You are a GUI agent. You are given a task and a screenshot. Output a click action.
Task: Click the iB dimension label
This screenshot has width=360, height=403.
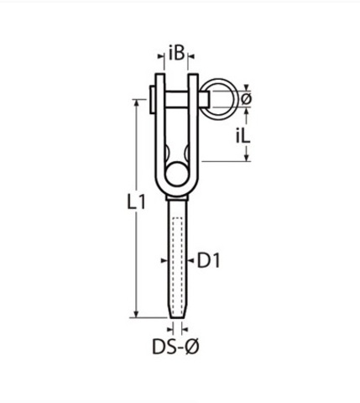coord(176,53)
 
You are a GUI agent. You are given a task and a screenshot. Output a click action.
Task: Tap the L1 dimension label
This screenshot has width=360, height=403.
coord(136,202)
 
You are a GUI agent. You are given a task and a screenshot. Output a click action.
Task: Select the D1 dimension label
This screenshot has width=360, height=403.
coord(209,260)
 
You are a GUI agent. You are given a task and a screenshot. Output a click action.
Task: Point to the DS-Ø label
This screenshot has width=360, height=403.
coord(175,347)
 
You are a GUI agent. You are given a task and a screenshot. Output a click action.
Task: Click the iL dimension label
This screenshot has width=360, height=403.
coord(243,137)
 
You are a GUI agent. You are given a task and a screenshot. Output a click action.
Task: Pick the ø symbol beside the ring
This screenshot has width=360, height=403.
coord(246,99)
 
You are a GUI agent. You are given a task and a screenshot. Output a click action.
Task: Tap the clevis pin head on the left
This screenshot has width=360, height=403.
coord(152,99)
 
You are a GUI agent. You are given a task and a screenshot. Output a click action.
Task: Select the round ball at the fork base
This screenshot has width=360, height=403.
coord(176,174)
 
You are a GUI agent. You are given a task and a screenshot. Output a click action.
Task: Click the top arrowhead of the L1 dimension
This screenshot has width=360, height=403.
coord(137,103)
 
